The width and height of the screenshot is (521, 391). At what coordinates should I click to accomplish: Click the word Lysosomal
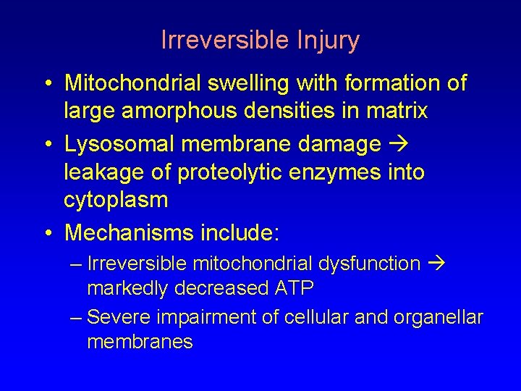(119, 144)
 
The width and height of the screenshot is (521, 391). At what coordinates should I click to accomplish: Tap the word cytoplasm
(116, 200)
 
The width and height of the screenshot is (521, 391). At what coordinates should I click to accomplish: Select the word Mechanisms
(128, 232)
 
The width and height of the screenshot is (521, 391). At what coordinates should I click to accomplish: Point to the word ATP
(294, 288)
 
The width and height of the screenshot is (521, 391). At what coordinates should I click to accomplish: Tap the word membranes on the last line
(140, 341)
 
